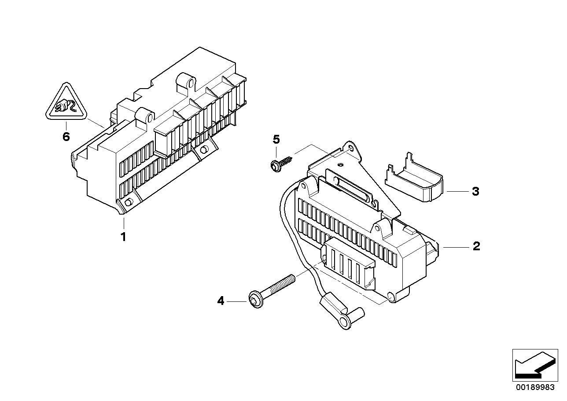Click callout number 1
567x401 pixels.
pos(124,237)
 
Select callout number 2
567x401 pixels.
pos(476,246)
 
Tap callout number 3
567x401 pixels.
pos(475,192)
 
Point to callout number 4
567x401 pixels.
pos(221,301)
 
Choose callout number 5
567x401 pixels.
pos(276,140)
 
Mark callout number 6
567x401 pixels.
pos(66,137)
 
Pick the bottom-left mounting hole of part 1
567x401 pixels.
pos(129,202)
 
